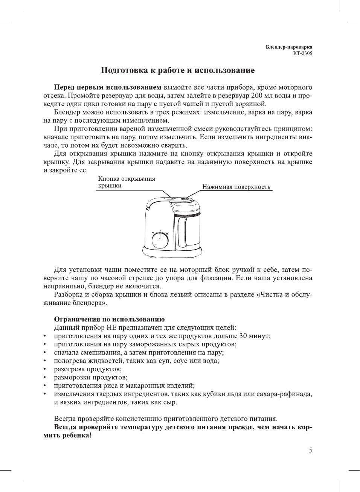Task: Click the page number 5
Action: [x=310, y=450]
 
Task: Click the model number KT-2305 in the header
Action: [x=302, y=53]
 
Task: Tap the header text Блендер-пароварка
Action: [x=289, y=47]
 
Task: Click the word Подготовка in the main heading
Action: [x=120, y=70]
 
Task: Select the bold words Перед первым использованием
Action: [x=108, y=87]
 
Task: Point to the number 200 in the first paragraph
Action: [x=256, y=96]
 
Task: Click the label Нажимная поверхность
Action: [x=236, y=187]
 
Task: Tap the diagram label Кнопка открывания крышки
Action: [x=127, y=182]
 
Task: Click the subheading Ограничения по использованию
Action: [x=109, y=319]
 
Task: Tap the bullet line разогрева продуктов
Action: [x=88, y=369]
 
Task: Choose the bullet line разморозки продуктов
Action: [x=91, y=377]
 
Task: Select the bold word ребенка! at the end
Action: [x=77, y=435]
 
